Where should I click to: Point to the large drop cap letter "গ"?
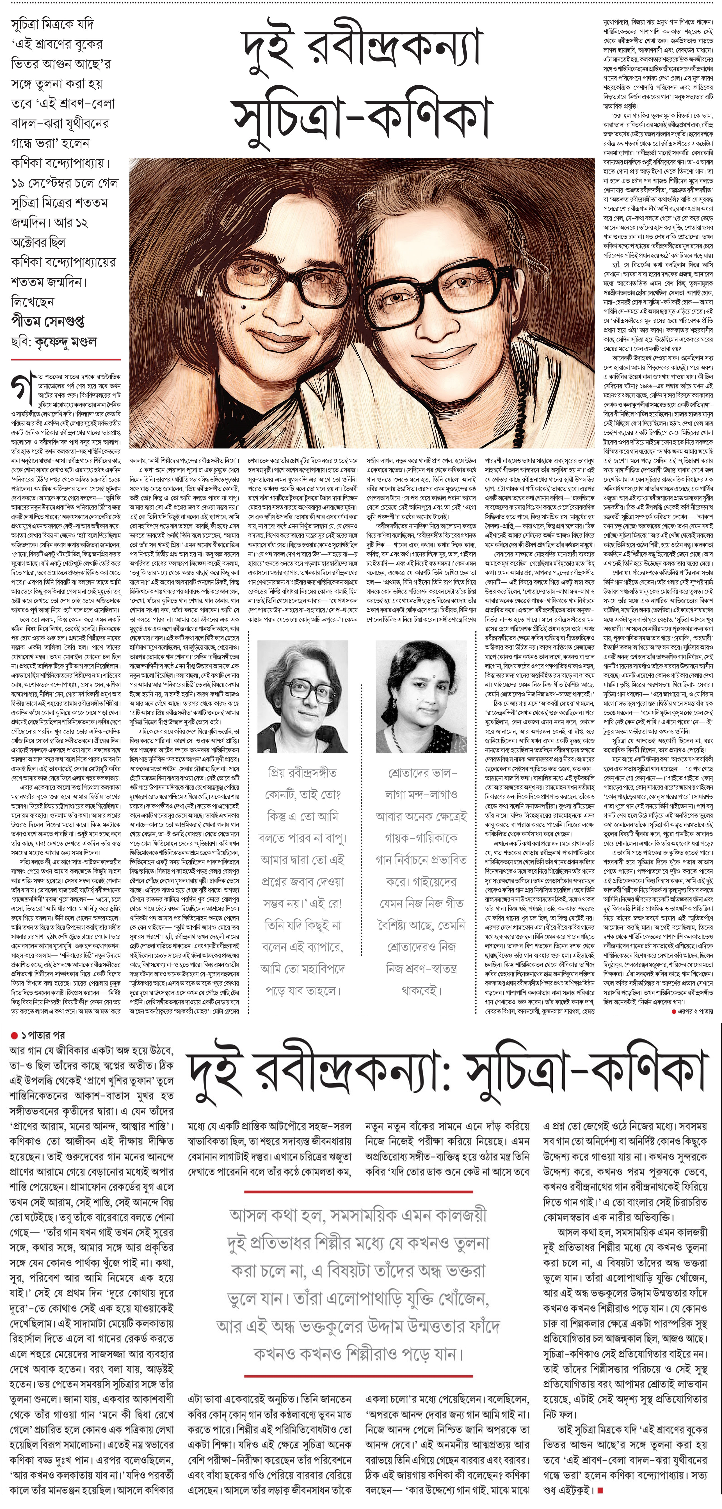pyautogui.click(x=22, y=387)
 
